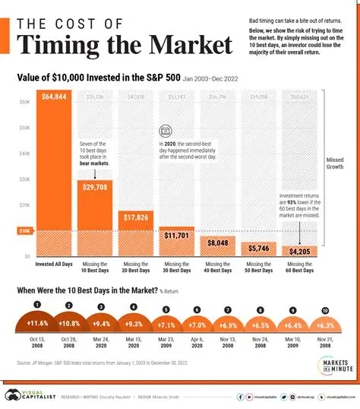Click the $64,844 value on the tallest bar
click(x=54, y=97)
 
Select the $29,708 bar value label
click(x=95, y=186)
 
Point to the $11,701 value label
click(x=176, y=236)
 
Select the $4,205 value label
click(x=298, y=251)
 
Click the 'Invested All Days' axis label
click(x=54, y=263)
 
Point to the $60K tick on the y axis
click(x=24, y=101)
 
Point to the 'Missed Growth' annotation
click(x=335, y=164)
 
